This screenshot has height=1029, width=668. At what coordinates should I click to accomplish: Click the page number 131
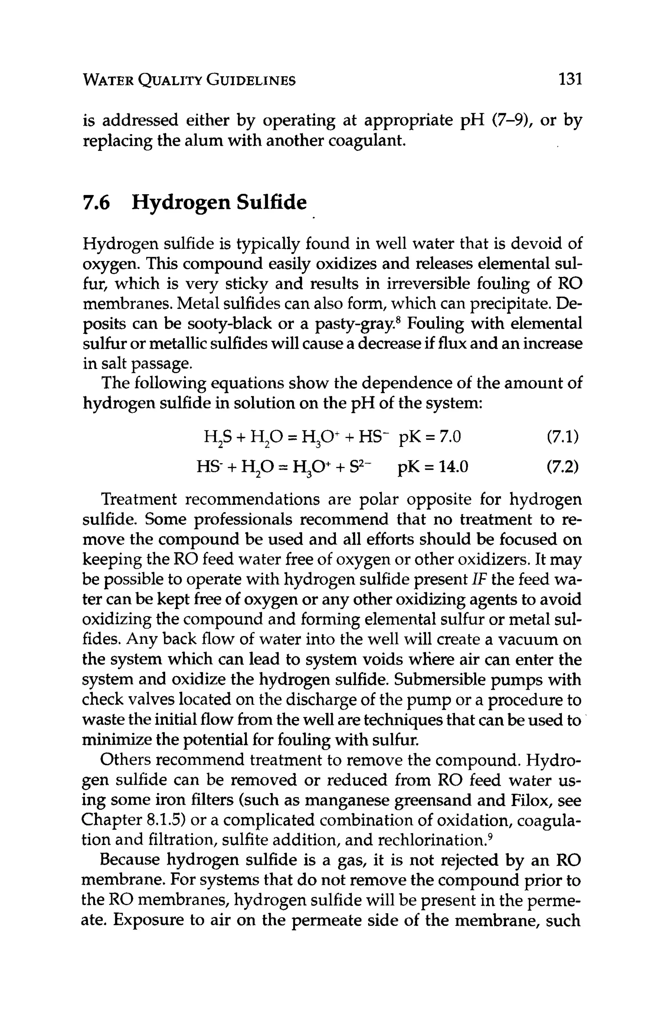coord(570,80)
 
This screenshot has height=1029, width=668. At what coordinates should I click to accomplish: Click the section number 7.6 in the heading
coord(96,202)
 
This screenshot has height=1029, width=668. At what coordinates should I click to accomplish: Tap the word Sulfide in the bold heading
coord(271,202)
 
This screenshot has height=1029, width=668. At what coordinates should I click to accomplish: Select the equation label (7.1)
coord(562,438)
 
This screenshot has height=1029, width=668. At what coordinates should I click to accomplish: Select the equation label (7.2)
coord(562,467)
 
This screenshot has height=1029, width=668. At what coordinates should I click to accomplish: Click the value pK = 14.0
coord(433,467)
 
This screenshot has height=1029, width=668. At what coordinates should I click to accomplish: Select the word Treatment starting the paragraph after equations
coord(138,500)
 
